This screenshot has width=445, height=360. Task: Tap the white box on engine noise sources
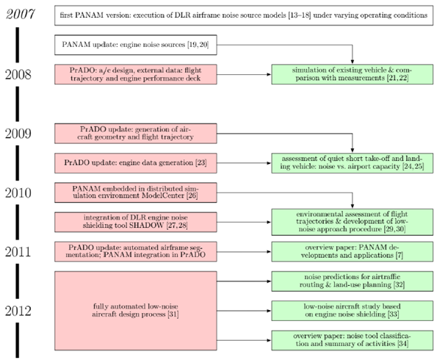(137, 46)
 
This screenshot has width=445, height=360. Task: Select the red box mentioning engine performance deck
(137, 73)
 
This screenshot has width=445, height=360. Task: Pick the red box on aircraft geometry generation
(137, 133)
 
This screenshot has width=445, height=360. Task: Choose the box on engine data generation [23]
(137, 162)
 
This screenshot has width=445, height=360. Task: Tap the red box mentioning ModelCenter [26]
(137, 192)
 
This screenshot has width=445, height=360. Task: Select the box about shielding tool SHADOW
(137, 221)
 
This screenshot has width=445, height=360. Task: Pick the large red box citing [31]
(137, 309)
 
